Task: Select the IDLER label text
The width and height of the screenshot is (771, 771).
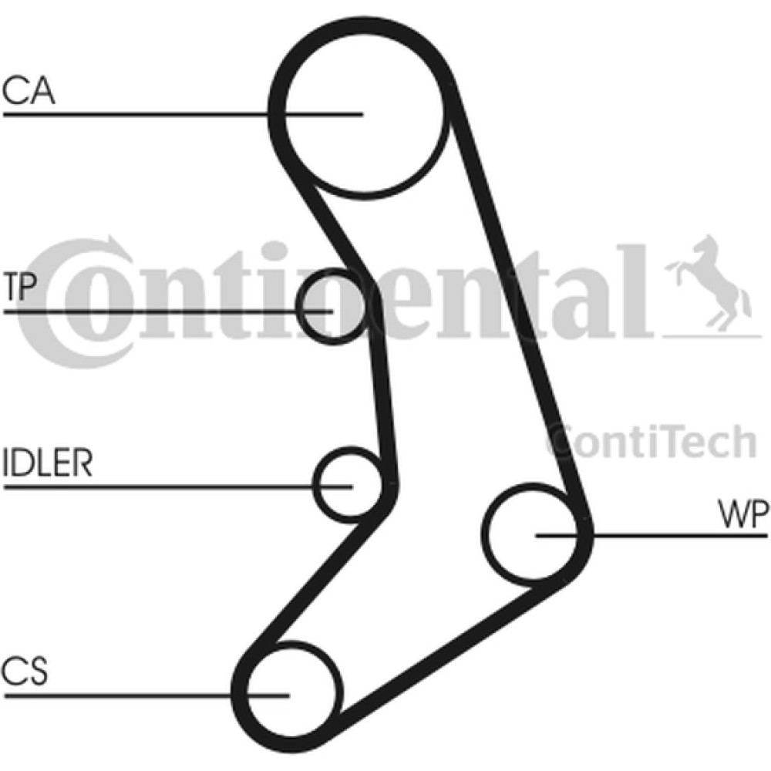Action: [x=48, y=462]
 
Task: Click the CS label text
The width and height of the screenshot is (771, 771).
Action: [x=25, y=672]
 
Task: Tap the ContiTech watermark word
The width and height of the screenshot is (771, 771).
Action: [x=651, y=441]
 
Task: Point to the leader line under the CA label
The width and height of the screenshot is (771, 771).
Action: [x=183, y=115]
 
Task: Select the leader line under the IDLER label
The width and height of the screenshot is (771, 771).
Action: [x=178, y=487]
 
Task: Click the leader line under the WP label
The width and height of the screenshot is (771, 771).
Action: [x=651, y=534]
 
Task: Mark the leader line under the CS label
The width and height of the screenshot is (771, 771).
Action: [x=146, y=695]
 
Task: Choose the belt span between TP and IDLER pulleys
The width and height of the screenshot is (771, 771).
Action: [x=383, y=393]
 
